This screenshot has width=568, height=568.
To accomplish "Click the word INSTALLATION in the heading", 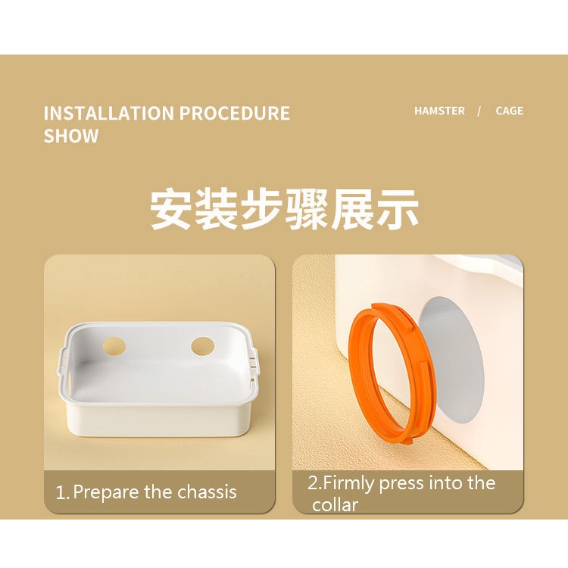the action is (x=108, y=113).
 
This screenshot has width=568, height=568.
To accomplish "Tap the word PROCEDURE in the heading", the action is (x=235, y=113).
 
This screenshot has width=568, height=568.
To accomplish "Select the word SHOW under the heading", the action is (x=71, y=136).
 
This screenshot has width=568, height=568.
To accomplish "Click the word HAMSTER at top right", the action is (x=439, y=111).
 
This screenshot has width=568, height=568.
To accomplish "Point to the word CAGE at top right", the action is (x=510, y=111).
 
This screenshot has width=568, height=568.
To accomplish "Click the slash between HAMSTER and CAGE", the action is (x=479, y=111).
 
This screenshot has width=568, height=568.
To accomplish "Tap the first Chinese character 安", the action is (x=171, y=209).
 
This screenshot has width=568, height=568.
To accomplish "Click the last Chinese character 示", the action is (x=398, y=209).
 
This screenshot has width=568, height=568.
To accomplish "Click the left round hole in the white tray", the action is (x=114, y=346).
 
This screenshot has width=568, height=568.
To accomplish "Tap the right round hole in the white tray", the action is (x=202, y=346).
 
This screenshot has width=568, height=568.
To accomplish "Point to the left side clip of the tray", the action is (x=63, y=364).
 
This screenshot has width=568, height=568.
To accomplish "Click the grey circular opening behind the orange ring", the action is (x=460, y=359).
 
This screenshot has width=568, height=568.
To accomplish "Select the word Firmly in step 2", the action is (x=348, y=484).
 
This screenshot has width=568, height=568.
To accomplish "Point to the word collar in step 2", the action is (x=335, y=505).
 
